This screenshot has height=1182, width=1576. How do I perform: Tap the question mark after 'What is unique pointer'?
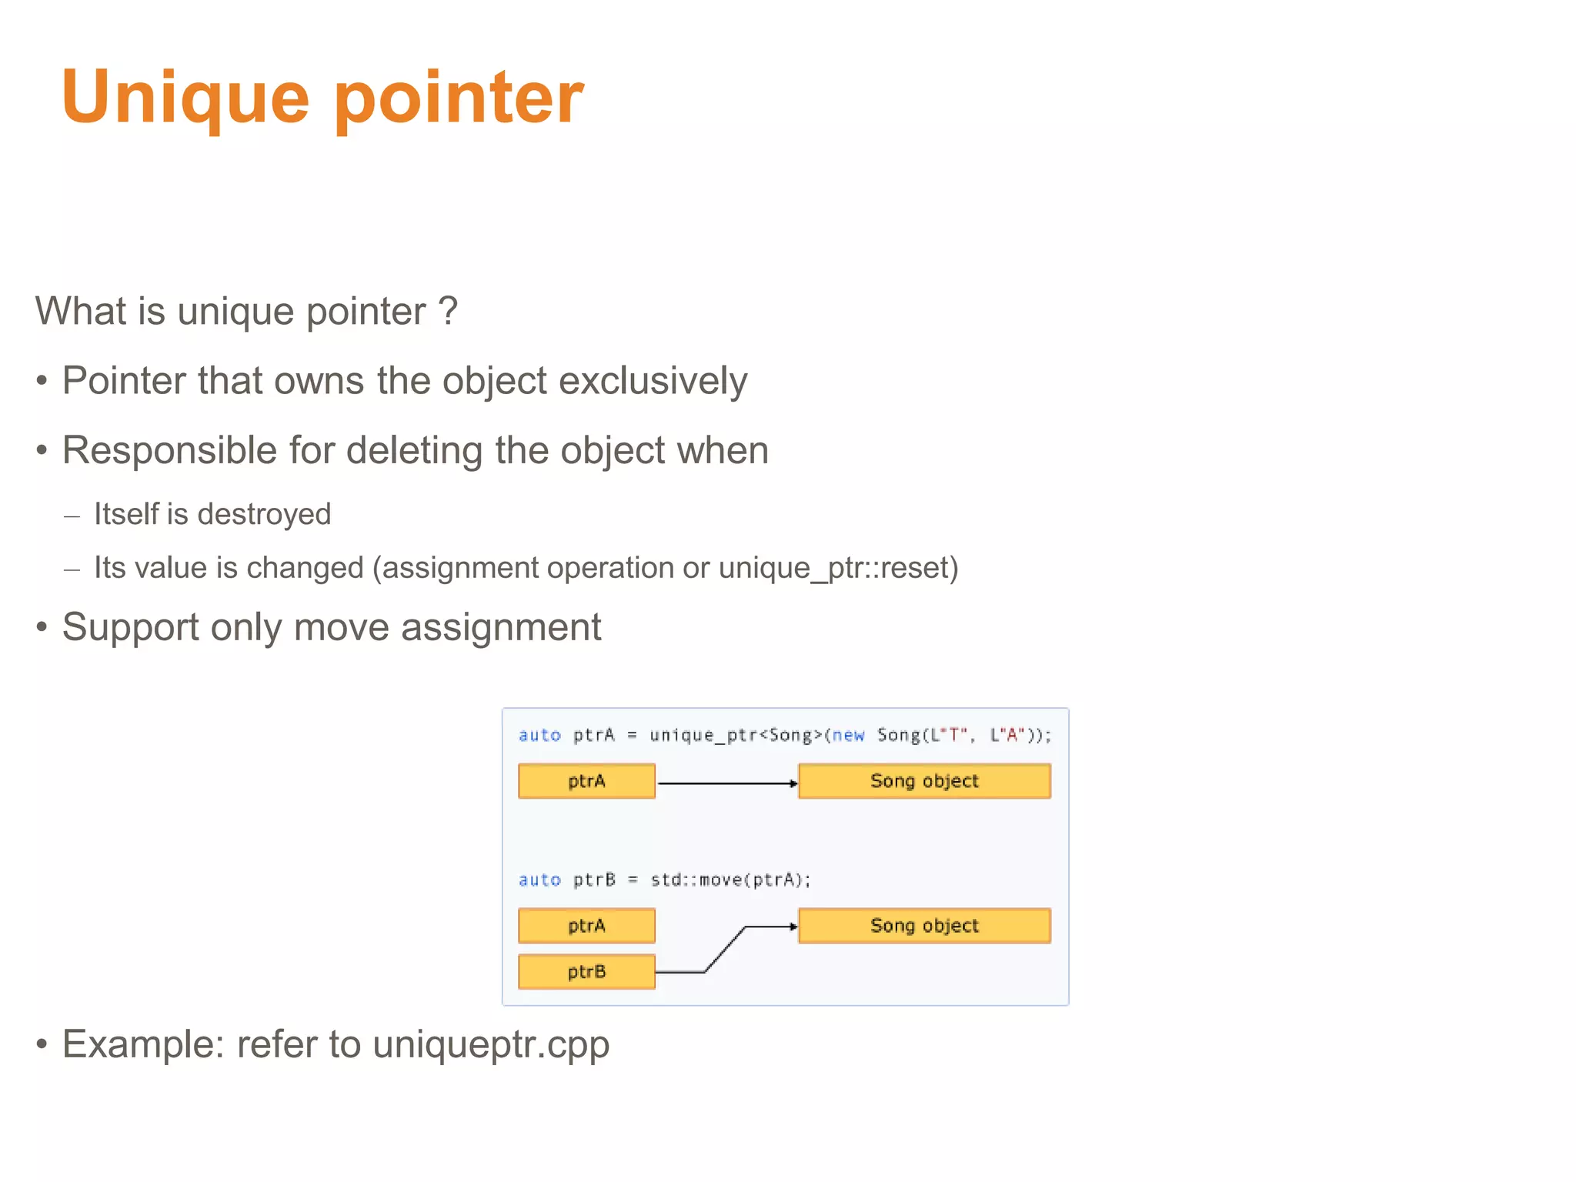(448, 311)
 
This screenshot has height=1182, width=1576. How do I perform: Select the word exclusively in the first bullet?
(653, 381)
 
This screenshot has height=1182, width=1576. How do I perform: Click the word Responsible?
(169, 450)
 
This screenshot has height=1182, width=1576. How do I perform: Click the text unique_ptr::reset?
(834, 568)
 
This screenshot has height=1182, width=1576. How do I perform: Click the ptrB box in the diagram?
(586, 971)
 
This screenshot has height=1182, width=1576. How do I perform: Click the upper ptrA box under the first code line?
(586, 781)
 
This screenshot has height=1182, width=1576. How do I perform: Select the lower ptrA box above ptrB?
(586, 925)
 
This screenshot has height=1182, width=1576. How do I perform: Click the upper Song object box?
(924, 781)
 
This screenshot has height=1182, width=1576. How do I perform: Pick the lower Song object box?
(924, 925)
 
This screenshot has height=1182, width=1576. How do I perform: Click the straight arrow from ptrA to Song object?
(726, 783)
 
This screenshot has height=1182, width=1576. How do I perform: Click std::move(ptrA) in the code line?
(730, 880)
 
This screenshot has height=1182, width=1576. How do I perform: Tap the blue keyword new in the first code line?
(848, 735)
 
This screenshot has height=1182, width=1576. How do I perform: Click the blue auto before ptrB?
(539, 880)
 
